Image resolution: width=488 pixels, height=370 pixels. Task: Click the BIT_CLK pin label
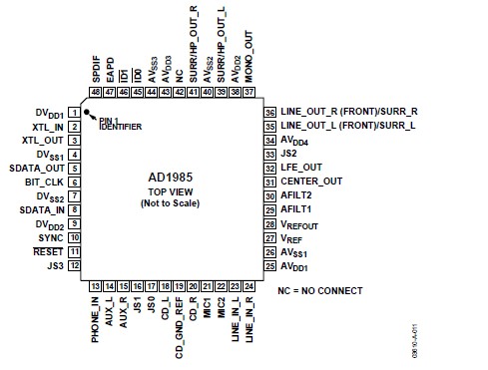pyautogui.click(x=44, y=183)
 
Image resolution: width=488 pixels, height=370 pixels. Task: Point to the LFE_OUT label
pyautogui.click(x=302, y=168)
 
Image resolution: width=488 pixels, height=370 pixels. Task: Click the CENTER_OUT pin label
pyautogui.click(x=311, y=182)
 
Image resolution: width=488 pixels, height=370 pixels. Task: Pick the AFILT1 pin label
pyautogui.click(x=297, y=209)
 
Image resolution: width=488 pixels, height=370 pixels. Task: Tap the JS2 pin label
pyautogui.click(x=289, y=154)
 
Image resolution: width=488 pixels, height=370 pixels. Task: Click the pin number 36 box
pyautogui.click(x=269, y=113)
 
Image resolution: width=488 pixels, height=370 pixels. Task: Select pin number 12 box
pyautogui.click(x=74, y=265)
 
